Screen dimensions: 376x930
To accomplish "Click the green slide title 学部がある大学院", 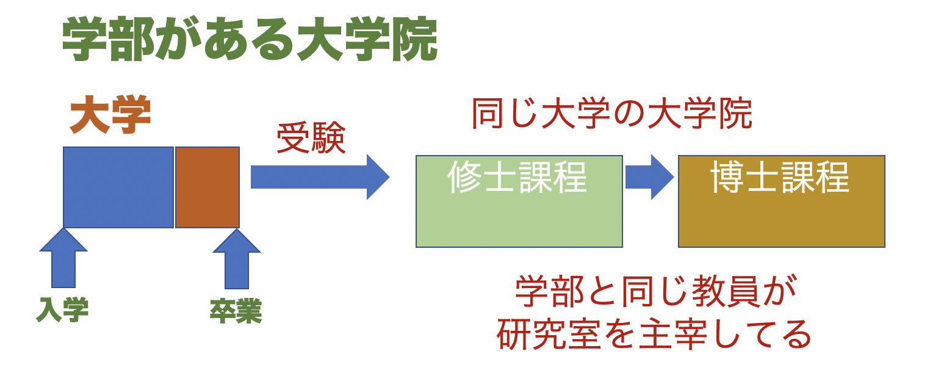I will point(250,39).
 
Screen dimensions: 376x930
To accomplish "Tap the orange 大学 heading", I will point(110,116).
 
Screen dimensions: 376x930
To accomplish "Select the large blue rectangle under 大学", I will point(118,187).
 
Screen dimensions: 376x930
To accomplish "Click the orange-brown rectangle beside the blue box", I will point(207,187).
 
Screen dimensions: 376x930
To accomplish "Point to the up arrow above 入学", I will point(63,259).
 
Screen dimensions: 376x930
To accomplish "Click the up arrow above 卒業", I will point(237,261).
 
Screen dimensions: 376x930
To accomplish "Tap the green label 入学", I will point(62,310).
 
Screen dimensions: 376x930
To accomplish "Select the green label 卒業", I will point(236,311).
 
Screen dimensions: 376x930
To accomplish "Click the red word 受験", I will point(311,139).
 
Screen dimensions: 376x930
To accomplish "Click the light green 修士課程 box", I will point(519,217).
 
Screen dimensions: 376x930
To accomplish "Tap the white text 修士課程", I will point(517,177).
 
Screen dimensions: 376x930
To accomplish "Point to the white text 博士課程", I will point(780,177).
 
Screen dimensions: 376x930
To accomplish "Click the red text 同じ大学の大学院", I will point(612,114).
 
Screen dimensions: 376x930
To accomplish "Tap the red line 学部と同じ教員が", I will point(648,292).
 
